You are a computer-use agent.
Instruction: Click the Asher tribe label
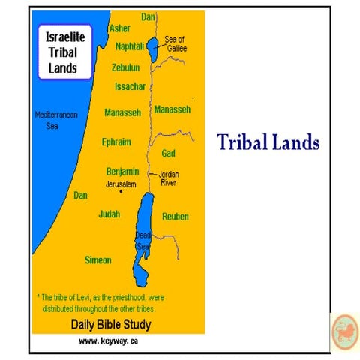[x=119, y=28]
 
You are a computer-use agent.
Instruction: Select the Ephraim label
[x=116, y=142]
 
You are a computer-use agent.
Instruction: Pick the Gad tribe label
[x=169, y=154]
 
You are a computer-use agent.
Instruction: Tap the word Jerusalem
[x=121, y=184]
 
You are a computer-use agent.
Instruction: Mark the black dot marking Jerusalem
[x=121, y=192]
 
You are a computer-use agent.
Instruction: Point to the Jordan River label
[x=169, y=179]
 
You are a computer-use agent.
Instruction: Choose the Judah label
[x=109, y=214]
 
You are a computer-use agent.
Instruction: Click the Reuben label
[x=175, y=217]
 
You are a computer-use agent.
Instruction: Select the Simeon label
[x=98, y=260]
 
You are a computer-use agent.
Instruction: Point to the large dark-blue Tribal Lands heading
[x=268, y=142]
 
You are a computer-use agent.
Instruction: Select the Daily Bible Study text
[x=110, y=325]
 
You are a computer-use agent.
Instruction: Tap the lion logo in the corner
[x=345, y=330]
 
